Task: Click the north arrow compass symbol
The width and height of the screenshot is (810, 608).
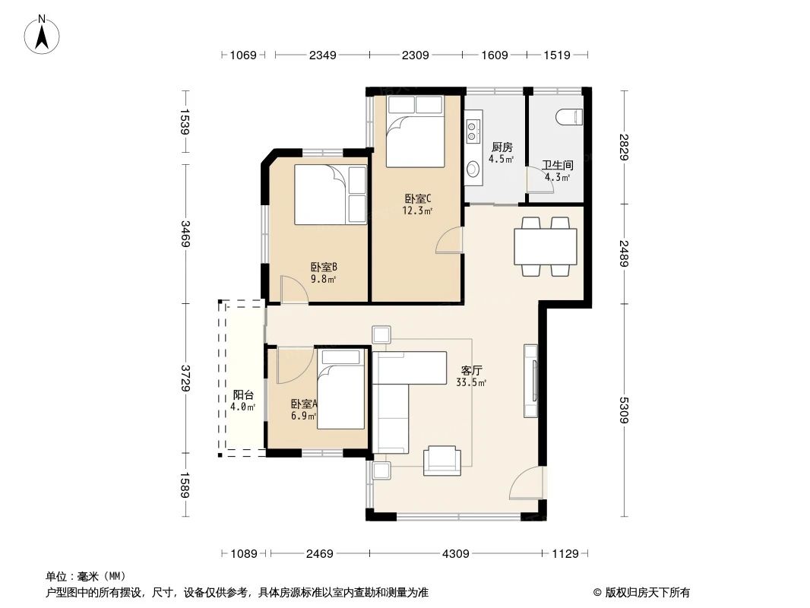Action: coord(44,34)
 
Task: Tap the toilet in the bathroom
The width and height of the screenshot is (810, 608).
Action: coord(569,117)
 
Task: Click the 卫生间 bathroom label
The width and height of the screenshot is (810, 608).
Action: coord(557,164)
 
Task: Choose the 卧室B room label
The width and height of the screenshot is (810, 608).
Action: coord(323,267)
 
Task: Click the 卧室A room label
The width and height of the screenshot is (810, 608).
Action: coord(304,404)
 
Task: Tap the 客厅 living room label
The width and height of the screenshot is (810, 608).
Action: coord(471,371)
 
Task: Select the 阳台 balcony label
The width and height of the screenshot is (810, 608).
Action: coord(243,394)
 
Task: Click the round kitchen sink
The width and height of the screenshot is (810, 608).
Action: coord(473,169)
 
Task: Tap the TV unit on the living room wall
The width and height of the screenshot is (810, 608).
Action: coord(532,381)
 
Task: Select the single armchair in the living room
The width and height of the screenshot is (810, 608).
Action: coord(441,459)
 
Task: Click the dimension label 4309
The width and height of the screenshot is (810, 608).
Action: coord(456,553)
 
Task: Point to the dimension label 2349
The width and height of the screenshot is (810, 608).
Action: coord(322,55)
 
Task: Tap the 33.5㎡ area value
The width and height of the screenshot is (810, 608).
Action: coord(471,383)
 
